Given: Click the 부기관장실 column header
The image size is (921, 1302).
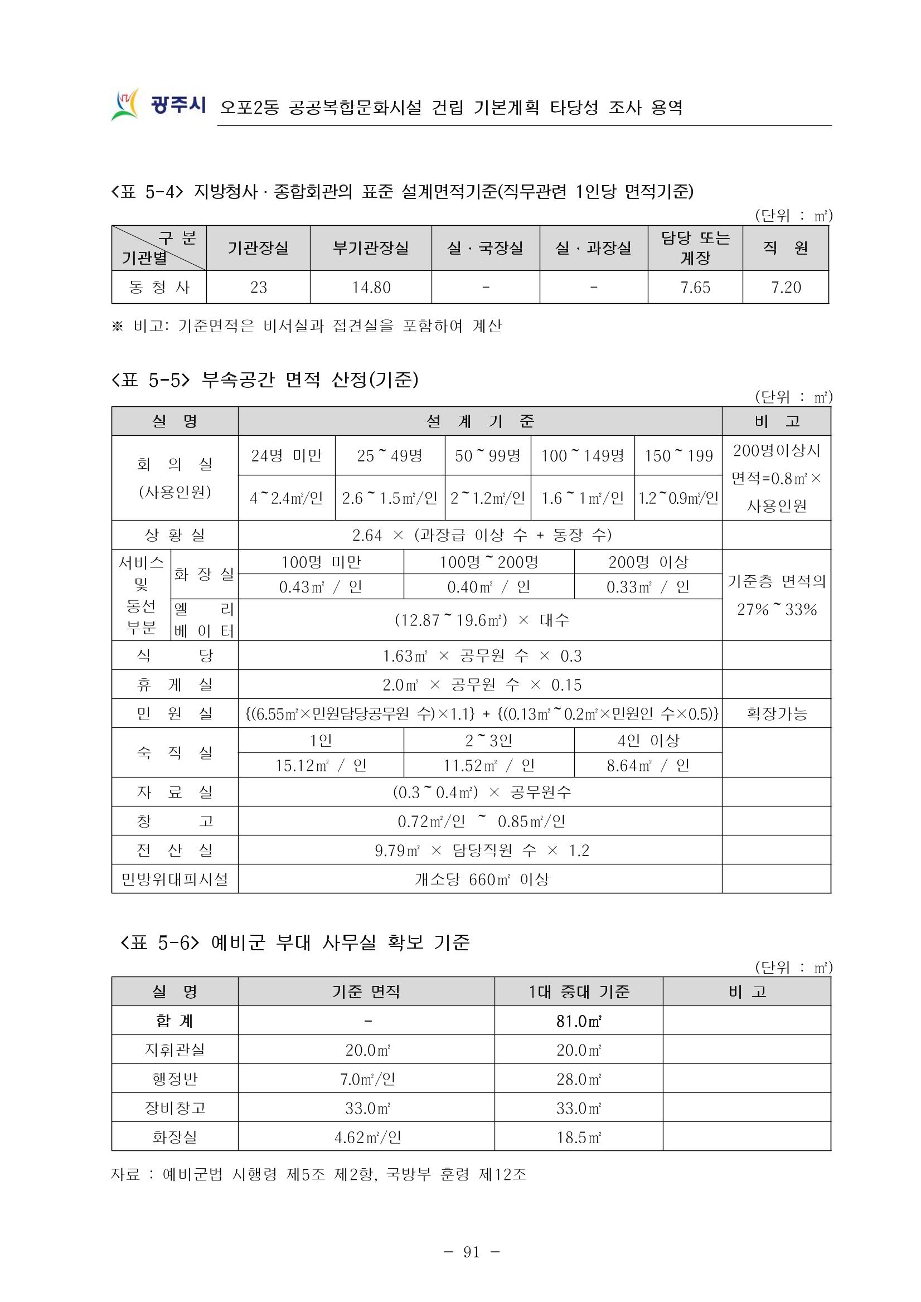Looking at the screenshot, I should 370,248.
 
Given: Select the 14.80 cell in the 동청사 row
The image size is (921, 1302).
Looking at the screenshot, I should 371,288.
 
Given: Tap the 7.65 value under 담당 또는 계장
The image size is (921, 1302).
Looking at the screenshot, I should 695,288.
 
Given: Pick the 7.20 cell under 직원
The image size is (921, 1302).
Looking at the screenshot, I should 786,288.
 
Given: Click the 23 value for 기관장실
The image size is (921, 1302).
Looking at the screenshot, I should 258,288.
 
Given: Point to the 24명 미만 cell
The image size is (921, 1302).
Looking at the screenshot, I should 287,456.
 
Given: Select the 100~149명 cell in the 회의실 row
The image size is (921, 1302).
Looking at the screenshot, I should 583,456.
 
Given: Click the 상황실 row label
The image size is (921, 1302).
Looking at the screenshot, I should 174,535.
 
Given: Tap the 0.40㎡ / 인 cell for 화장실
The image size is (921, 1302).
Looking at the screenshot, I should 488,587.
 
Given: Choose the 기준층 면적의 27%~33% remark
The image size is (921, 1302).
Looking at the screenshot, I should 777,595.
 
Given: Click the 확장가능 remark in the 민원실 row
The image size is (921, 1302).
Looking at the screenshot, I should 777,713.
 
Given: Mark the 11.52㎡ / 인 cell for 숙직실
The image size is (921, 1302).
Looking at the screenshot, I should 488,766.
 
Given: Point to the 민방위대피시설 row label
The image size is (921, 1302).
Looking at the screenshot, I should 174,880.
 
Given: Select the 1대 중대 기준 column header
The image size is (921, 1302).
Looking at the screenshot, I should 579,992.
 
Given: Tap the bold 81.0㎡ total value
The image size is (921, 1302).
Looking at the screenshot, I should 579,1021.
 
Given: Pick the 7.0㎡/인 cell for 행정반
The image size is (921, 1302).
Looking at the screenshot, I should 367,1079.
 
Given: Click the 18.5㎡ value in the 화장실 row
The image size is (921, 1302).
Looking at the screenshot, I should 579,1138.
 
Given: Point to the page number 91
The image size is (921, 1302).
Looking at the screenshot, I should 471,1252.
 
